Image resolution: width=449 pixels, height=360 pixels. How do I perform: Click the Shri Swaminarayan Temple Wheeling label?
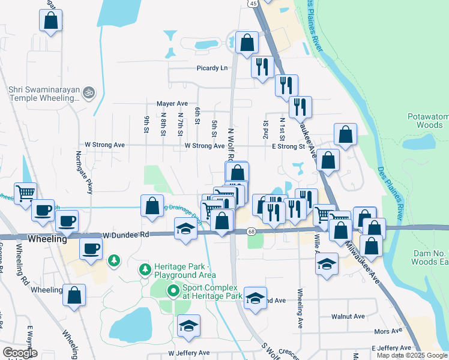pyautogui.click(x=44, y=97)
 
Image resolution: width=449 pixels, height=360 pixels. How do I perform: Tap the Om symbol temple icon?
pyautogui.click(x=89, y=92)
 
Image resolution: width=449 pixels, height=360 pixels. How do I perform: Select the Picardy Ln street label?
pyautogui.click(x=212, y=68)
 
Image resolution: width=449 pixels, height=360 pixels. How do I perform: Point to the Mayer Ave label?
pyautogui.click(x=172, y=103)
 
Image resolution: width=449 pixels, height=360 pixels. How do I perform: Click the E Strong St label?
pyautogui.click(x=289, y=146)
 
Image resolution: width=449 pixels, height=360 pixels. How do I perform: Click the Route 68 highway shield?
pyautogui.click(x=251, y=232)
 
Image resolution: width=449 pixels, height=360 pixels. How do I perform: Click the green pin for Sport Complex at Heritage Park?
pyautogui.click(x=173, y=292)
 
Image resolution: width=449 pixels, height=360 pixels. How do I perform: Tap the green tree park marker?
pyautogui.click(x=113, y=261)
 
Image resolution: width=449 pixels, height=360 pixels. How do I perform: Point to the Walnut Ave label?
pyautogui.click(x=348, y=316)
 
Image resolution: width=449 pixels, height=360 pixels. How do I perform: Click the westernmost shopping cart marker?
pyautogui.click(x=25, y=194)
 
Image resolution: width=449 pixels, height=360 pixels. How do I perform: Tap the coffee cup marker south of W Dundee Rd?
pyautogui.click(x=91, y=248)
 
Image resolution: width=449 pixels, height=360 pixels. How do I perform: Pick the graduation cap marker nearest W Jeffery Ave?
pyautogui.click(x=188, y=326)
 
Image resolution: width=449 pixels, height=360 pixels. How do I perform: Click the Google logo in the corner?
pyautogui.click(x=20, y=353)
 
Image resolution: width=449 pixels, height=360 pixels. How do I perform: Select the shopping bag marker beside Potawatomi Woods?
pyautogui.click(x=345, y=135)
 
